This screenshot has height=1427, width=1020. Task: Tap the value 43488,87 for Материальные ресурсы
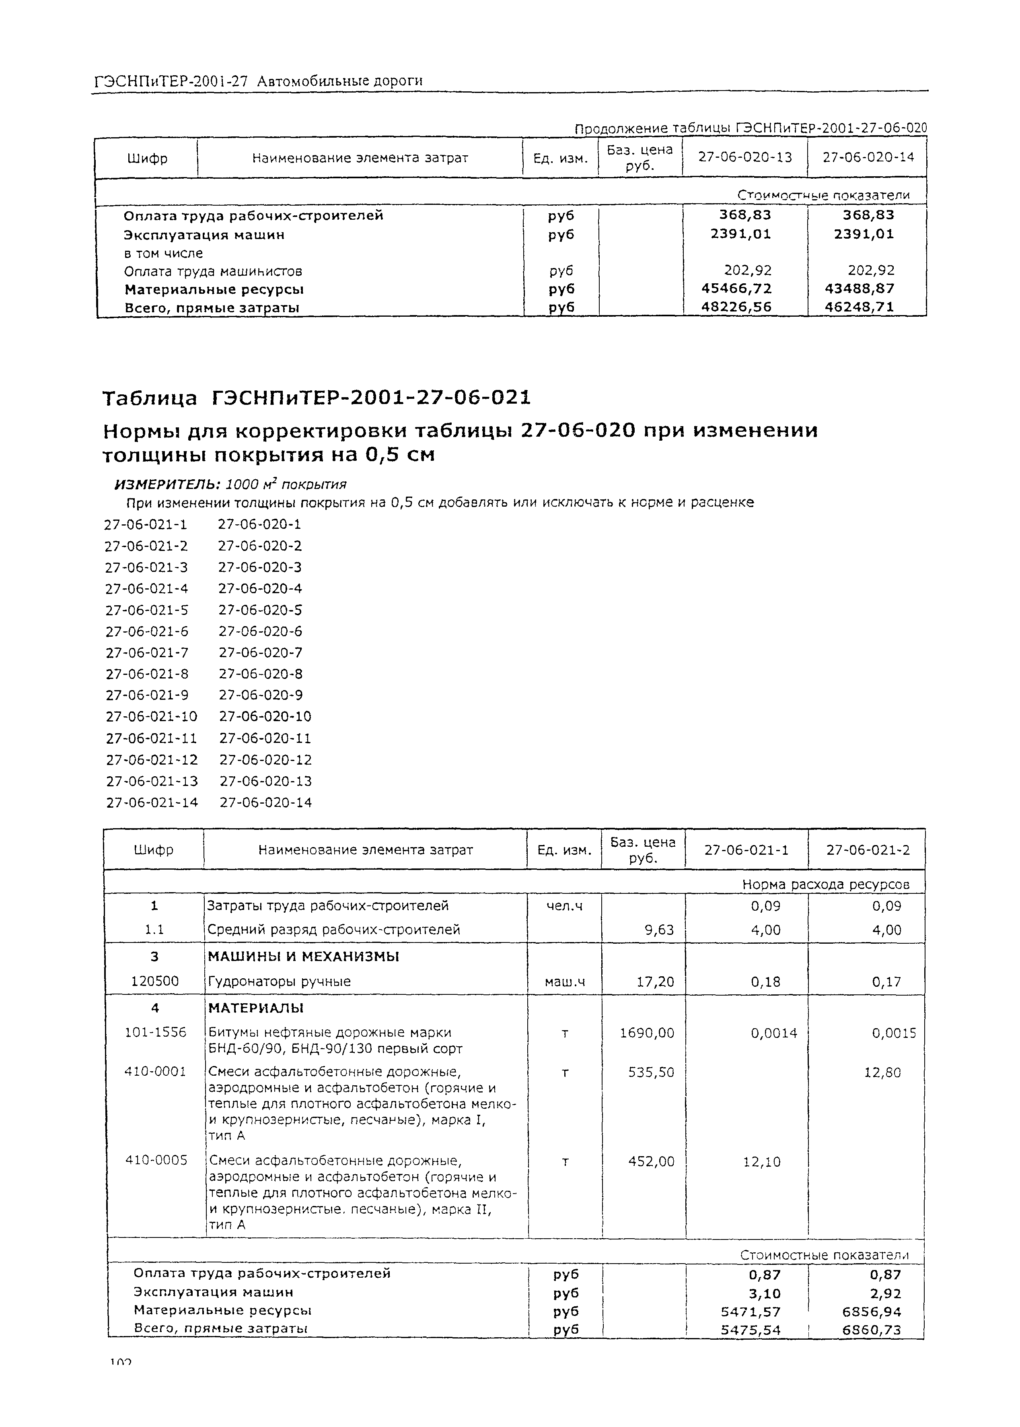(868, 289)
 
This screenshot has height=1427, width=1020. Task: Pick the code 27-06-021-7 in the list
(146, 652)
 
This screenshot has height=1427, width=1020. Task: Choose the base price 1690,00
(651, 1032)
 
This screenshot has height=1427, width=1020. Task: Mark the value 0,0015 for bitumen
(893, 1032)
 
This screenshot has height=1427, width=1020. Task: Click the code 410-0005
(156, 1160)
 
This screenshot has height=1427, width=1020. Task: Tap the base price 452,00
(651, 1161)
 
